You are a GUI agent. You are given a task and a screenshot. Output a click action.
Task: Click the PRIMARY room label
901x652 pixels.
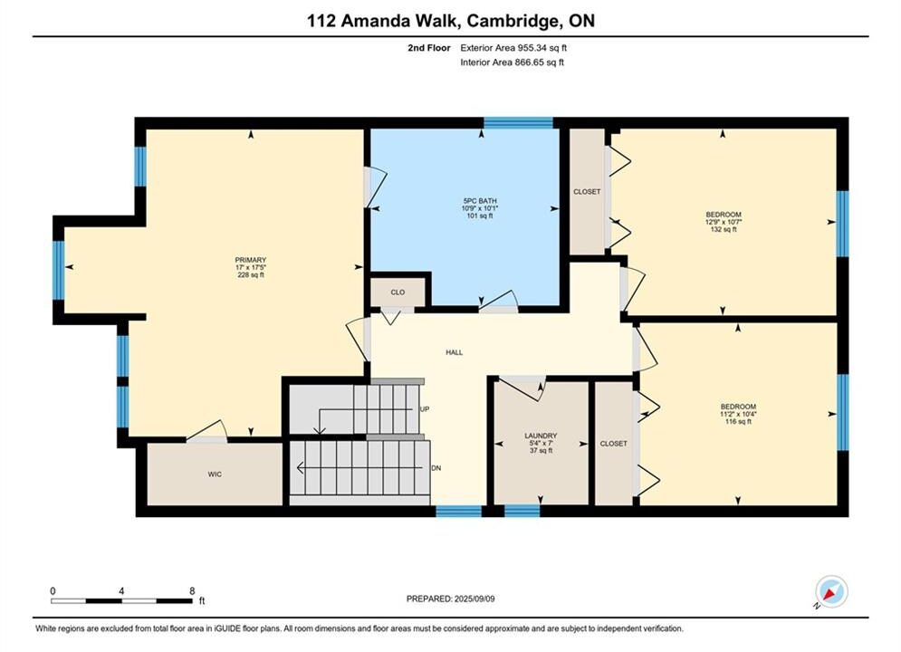click(251, 260)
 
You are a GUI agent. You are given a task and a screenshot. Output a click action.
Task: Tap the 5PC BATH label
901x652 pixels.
click(480, 201)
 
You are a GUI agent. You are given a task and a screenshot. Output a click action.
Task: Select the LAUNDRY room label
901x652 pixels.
click(541, 436)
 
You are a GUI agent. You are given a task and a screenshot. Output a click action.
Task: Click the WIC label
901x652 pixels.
click(215, 475)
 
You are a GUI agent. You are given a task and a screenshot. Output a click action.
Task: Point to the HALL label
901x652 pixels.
click(454, 352)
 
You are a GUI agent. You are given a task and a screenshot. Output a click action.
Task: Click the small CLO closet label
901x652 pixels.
click(398, 292)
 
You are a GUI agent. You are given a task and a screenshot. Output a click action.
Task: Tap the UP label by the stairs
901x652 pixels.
click(425, 409)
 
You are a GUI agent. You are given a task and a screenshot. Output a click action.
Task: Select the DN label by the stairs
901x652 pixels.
click(436, 468)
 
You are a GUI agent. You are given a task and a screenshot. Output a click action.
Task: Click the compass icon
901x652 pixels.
click(831, 591)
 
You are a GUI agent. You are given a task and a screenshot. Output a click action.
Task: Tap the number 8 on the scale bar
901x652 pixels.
click(192, 591)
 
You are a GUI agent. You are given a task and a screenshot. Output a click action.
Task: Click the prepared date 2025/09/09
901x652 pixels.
click(474, 599)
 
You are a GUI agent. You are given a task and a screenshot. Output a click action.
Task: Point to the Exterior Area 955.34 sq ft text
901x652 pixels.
click(513, 48)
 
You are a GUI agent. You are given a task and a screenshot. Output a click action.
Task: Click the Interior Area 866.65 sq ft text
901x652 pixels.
click(512, 62)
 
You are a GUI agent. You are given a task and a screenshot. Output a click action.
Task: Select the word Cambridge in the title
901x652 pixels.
click(513, 21)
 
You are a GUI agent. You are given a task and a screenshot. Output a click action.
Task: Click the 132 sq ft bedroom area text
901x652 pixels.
click(724, 230)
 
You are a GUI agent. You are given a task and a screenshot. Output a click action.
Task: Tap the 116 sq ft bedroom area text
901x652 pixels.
click(738, 422)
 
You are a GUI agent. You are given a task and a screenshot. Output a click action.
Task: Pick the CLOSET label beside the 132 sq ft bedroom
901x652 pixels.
click(587, 192)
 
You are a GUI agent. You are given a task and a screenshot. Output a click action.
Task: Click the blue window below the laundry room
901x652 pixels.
click(522, 511)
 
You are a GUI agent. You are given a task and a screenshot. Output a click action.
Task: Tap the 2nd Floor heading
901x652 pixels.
click(429, 48)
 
